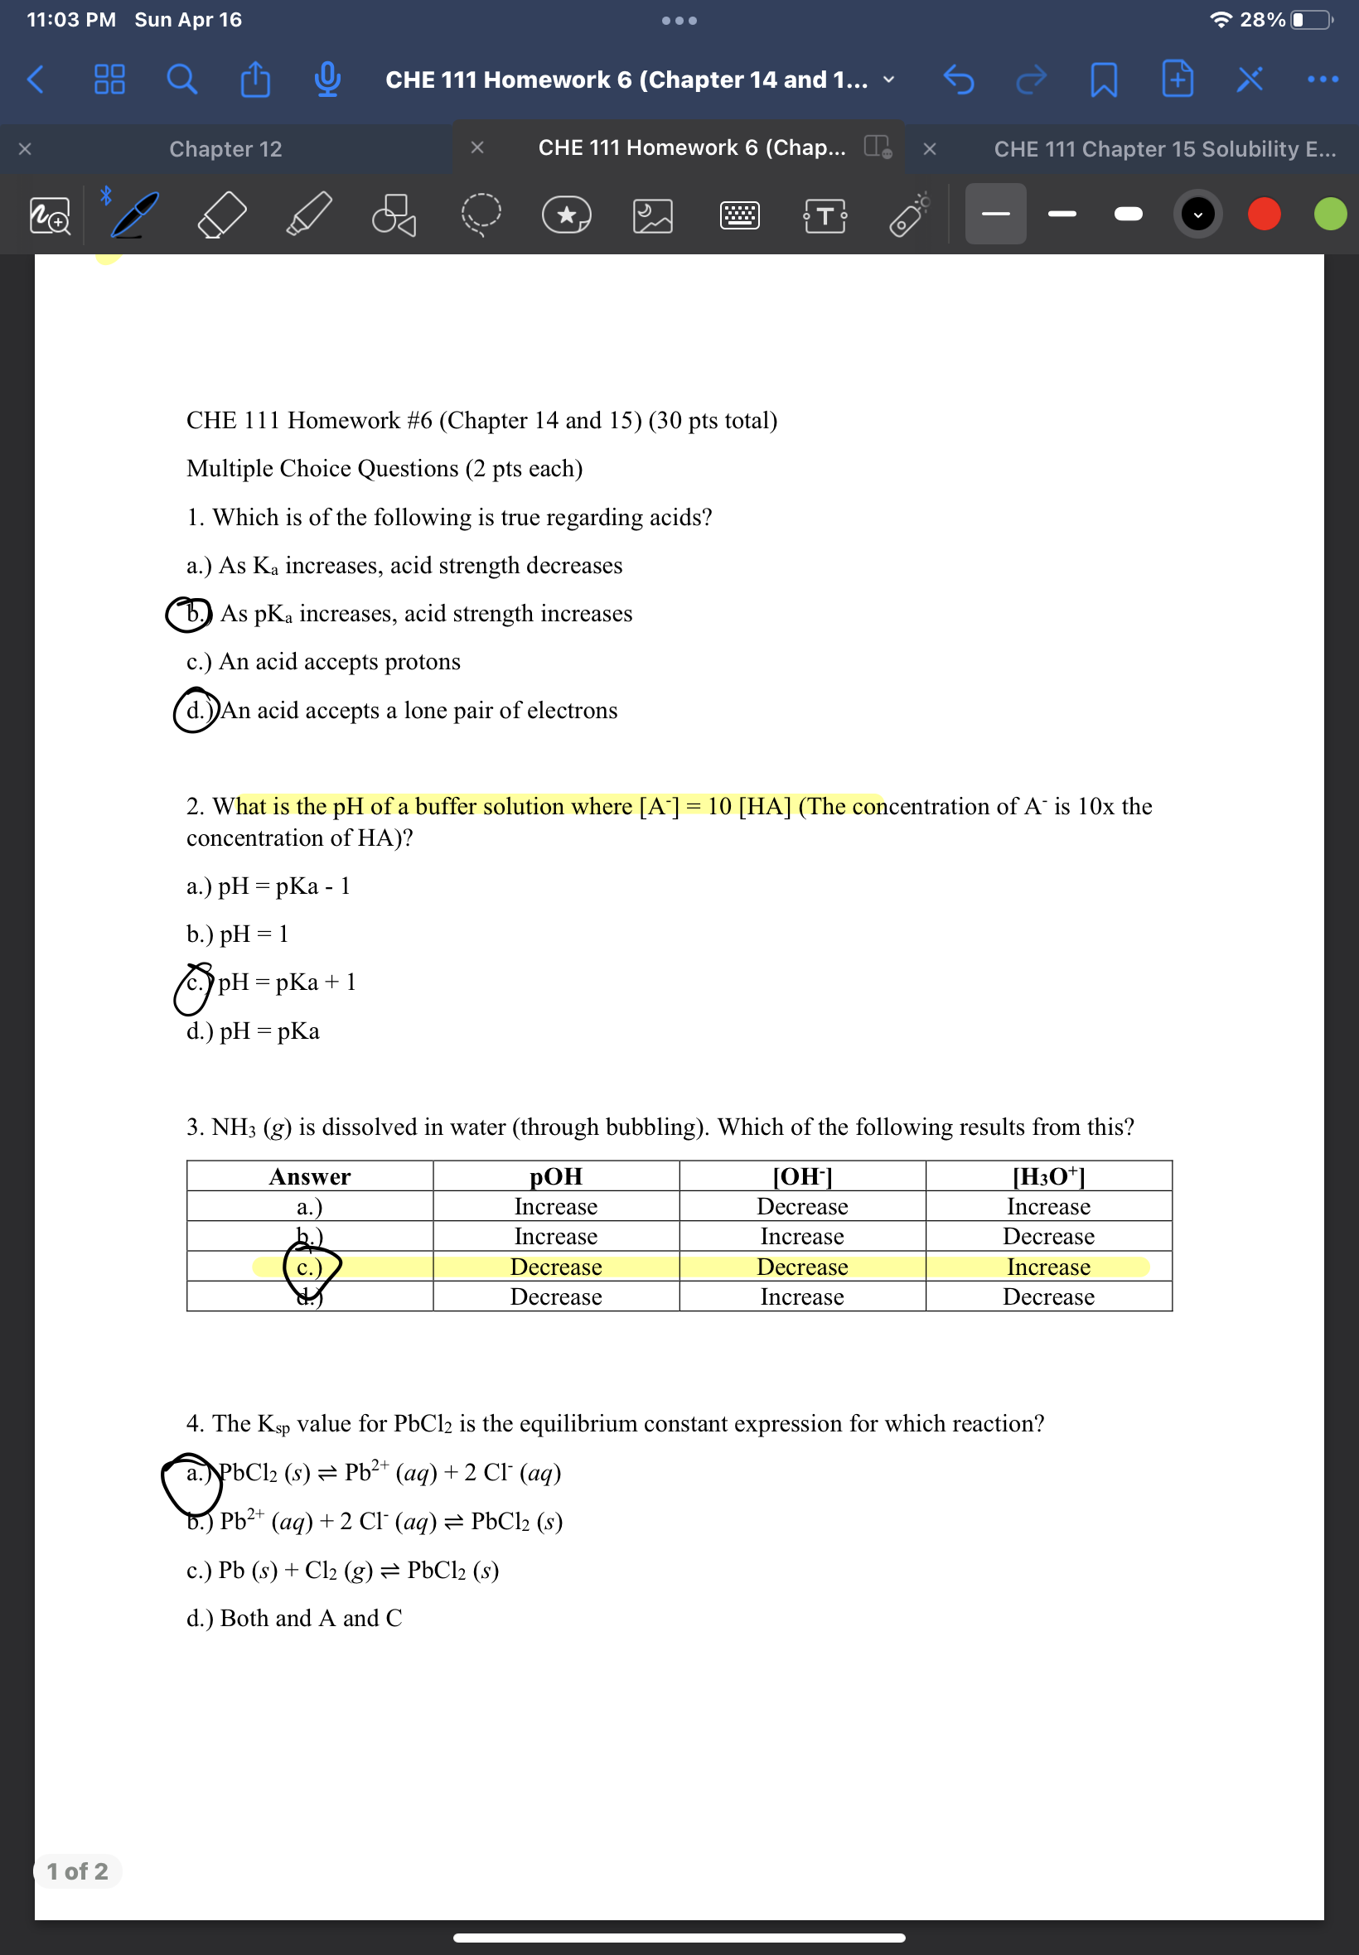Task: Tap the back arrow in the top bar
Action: point(36,80)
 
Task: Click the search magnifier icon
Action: point(181,80)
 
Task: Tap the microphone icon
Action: point(328,80)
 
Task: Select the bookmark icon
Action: point(1104,80)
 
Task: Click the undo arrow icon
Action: point(959,80)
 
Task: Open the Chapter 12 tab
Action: point(225,149)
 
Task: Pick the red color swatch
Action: point(1264,214)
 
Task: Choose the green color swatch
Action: point(1329,214)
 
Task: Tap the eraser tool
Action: point(221,214)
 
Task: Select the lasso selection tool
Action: point(481,214)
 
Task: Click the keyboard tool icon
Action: point(739,214)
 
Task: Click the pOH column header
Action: point(556,1176)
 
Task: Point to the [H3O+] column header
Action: point(1048,1176)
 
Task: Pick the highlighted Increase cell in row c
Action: point(1048,1267)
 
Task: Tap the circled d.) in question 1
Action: point(196,710)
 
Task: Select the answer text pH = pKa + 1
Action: point(287,982)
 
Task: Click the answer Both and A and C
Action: point(311,1618)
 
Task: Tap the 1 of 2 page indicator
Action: point(78,1871)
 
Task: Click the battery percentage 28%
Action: point(1262,20)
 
